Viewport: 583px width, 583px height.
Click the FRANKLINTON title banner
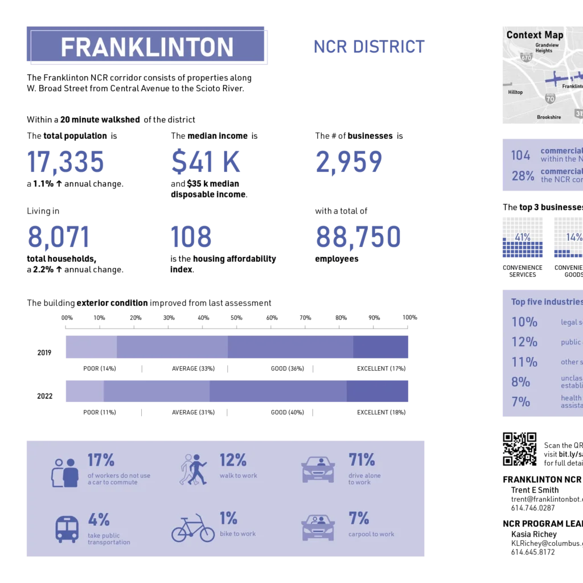click(147, 47)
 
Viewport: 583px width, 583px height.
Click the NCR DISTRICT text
click(369, 47)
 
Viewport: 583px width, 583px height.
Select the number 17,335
click(66, 162)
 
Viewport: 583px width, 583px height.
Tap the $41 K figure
click(205, 162)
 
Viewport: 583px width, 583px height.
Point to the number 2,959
click(348, 162)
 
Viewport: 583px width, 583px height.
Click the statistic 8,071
click(59, 237)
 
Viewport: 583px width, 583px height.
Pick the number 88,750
click(358, 237)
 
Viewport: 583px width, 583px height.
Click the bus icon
click(67, 529)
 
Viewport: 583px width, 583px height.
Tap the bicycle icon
click(193, 528)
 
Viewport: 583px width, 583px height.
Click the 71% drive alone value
click(362, 459)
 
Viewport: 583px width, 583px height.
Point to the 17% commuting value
click(101, 459)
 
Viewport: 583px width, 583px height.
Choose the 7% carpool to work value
click(359, 518)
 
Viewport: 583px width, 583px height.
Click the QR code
click(519, 449)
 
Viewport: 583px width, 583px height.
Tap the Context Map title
click(535, 35)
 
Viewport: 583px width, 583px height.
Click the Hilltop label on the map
click(515, 92)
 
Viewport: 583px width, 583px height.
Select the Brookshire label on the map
click(549, 117)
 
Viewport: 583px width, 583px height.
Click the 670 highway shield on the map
click(526, 57)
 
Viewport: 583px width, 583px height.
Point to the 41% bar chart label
click(523, 237)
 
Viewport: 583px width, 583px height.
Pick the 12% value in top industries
click(524, 342)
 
